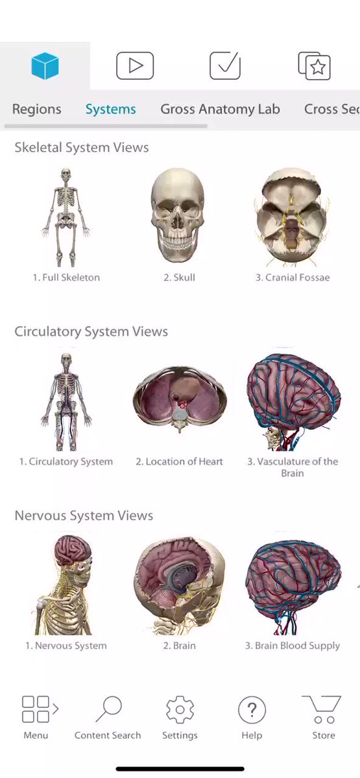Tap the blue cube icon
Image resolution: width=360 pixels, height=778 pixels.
[x=45, y=66]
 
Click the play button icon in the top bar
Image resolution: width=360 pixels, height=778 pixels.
[x=135, y=65]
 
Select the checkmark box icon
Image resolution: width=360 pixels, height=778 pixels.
[x=225, y=65]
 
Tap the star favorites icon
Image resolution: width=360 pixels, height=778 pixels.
[x=315, y=66]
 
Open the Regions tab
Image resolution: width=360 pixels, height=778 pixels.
[x=37, y=109]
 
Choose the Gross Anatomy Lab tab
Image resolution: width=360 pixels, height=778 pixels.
[x=221, y=109]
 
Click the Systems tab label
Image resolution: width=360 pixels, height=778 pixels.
[x=111, y=109]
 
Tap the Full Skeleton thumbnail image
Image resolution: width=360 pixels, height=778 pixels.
[x=66, y=217]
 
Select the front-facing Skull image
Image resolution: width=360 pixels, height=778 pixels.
[x=178, y=215]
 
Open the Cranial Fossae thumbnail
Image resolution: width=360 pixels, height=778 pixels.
[x=291, y=217]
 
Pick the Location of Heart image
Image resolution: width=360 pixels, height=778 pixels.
[x=179, y=399]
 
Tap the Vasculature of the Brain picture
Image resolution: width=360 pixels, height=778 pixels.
[x=294, y=402]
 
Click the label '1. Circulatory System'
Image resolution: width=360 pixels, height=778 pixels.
[x=66, y=462]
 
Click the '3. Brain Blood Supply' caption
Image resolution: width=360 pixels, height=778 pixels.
[x=293, y=646]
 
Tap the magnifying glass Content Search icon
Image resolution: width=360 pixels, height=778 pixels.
[x=109, y=709]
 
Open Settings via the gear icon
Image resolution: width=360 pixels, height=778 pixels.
[x=180, y=709]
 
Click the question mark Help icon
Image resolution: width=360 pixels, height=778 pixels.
[x=252, y=710]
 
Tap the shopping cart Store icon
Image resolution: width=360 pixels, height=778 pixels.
[x=322, y=709]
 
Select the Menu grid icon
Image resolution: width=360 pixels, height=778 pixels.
[x=40, y=709]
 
